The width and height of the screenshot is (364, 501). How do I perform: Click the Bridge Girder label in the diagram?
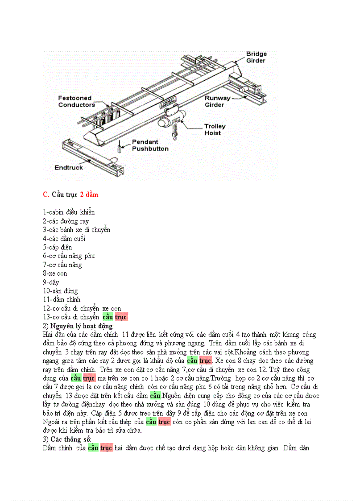(256, 57)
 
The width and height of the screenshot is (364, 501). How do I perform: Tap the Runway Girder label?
(217, 101)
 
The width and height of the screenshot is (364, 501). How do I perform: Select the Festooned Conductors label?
(76, 101)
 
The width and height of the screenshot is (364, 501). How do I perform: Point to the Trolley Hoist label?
(215, 129)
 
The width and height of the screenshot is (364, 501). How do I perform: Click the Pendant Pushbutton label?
(150, 145)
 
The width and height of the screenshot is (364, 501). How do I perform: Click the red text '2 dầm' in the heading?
(89, 195)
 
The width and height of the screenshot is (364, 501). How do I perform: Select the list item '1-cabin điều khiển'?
(69, 212)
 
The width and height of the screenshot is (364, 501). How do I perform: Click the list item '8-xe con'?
(55, 273)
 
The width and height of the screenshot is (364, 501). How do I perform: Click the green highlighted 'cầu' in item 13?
(108, 317)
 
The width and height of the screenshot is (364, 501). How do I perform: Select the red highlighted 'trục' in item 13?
(121, 317)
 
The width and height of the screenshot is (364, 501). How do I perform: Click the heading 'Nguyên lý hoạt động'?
(82, 326)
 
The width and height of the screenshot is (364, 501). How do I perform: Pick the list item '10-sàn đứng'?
(60, 291)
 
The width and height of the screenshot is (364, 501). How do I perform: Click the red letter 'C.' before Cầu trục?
(46, 195)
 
